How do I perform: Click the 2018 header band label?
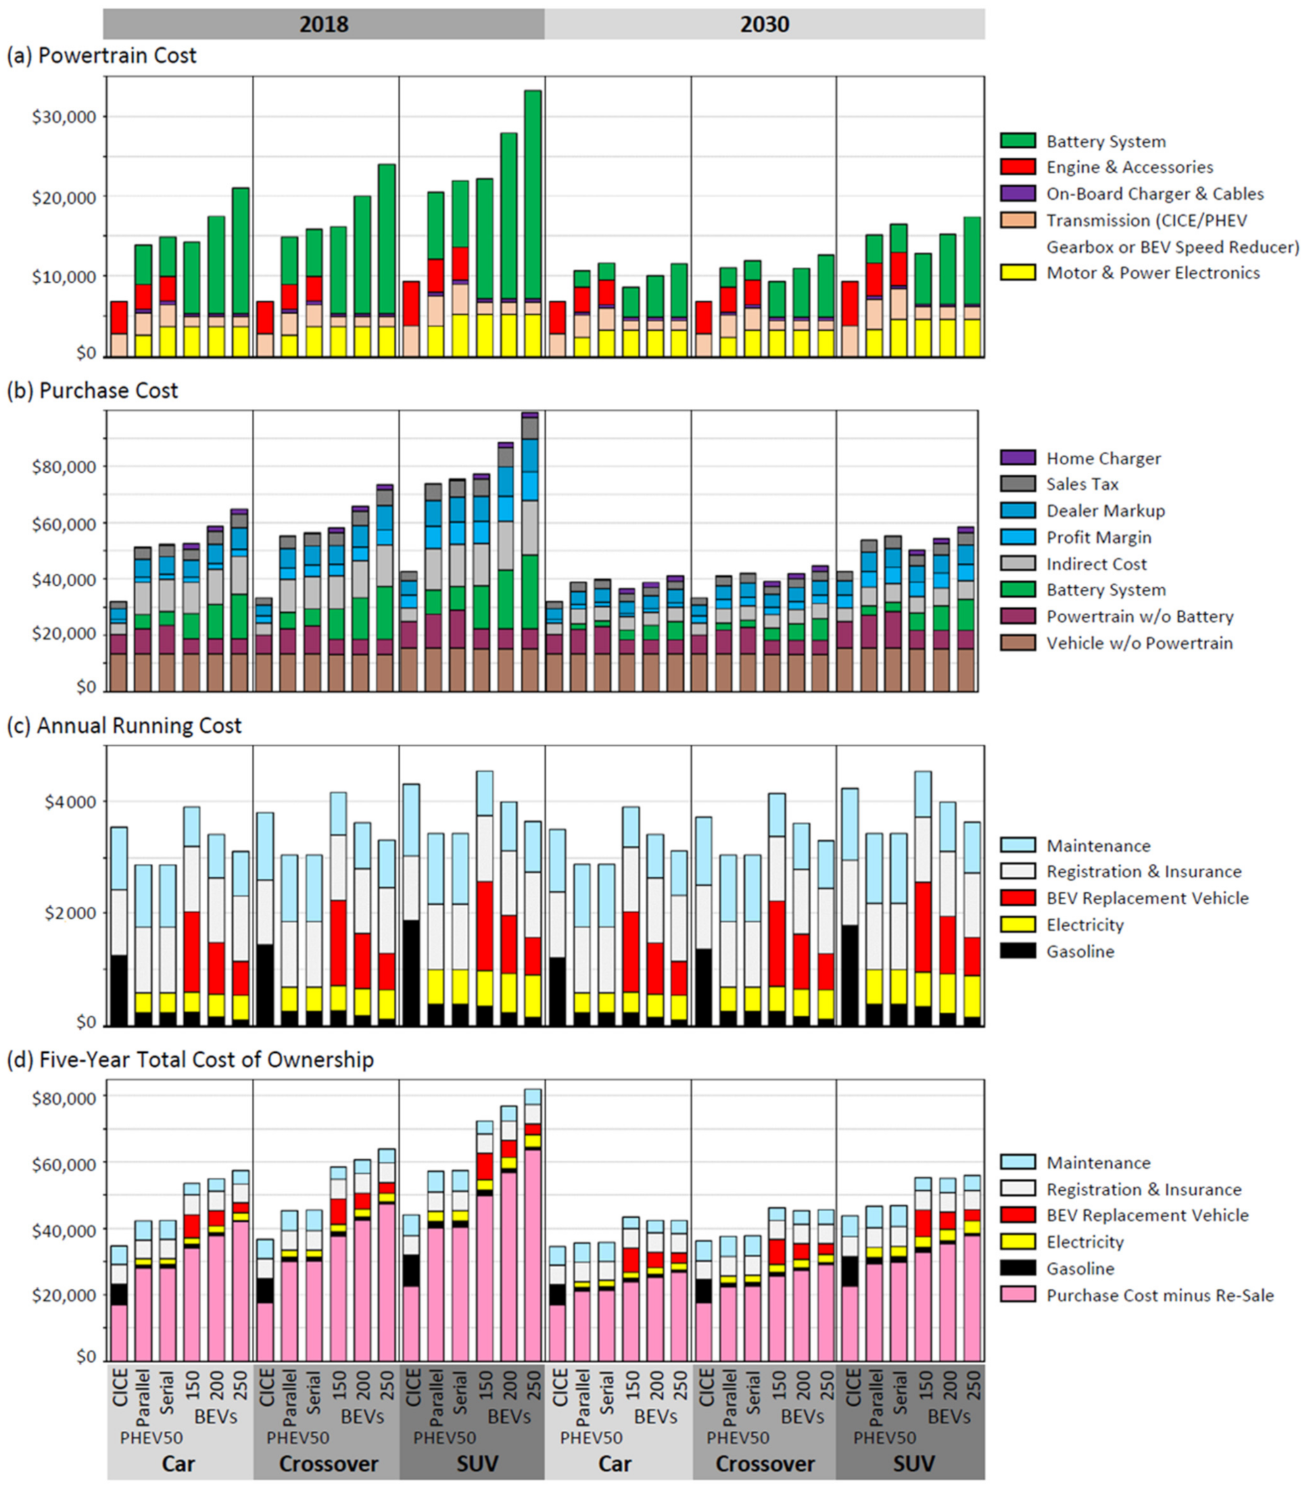[323, 24]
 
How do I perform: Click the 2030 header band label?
[765, 24]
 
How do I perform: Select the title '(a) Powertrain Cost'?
[101, 55]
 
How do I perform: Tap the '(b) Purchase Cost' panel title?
[93, 391]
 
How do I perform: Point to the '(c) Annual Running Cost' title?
[124, 725]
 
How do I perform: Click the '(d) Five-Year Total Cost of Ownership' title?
[190, 1059]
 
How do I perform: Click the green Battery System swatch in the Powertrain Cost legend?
[1018, 141]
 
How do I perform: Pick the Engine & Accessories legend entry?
[1129, 167]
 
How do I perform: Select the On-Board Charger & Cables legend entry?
[1155, 194]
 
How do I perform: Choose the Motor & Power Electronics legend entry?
[1153, 273]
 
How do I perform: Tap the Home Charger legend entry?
[1103, 458]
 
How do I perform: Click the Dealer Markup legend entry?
[1105, 510]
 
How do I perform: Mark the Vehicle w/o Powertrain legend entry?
[1139, 643]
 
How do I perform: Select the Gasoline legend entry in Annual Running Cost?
[1080, 951]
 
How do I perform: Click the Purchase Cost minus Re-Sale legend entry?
[1160, 1295]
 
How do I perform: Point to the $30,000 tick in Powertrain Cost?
[65, 116]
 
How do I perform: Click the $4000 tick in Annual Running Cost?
[70, 802]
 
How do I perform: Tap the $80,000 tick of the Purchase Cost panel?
[65, 467]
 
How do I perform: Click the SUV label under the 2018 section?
[477, 1463]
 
